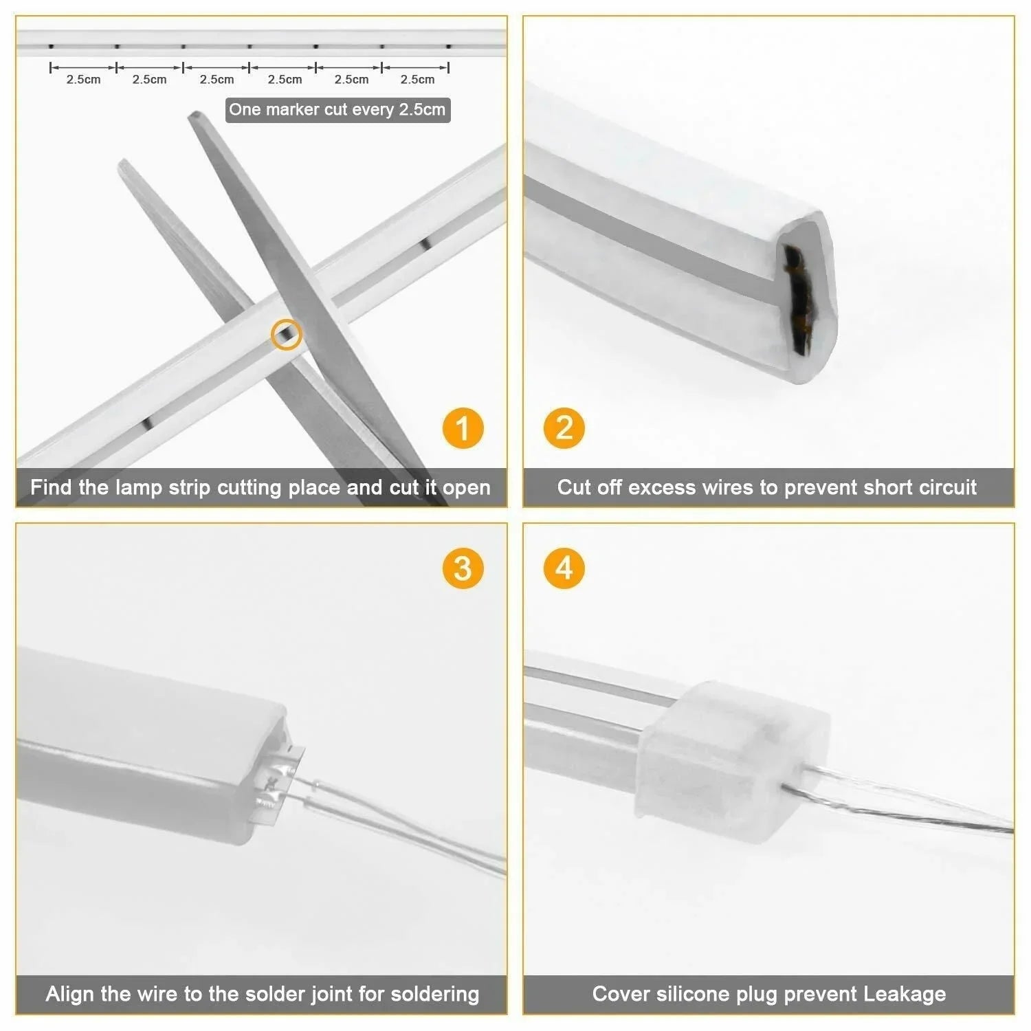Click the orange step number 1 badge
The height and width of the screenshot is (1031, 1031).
(x=463, y=428)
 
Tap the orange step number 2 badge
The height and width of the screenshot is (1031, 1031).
(x=564, y=428)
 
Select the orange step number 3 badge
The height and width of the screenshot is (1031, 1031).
(x=463, y=568)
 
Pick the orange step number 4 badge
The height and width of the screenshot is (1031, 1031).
(x=564, y=568)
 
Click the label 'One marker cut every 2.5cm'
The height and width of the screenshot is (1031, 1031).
(x=337, y=110)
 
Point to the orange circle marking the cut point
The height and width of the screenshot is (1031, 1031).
(x=286, y=335)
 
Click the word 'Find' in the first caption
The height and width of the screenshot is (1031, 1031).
(x=51, y=488)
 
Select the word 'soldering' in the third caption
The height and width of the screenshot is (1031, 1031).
(x=434, y=995)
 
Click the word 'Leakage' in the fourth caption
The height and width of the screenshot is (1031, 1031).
(x=905, y=995)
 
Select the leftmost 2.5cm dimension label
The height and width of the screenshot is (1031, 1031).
(x=83, y=80)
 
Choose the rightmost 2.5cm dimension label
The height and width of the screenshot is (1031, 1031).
(x=417, y=80)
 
